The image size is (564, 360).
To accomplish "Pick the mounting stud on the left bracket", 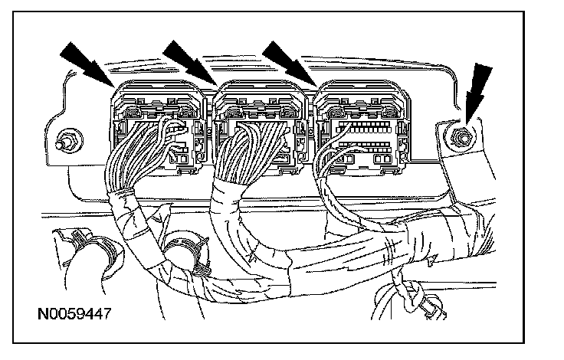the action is [65, 140].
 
